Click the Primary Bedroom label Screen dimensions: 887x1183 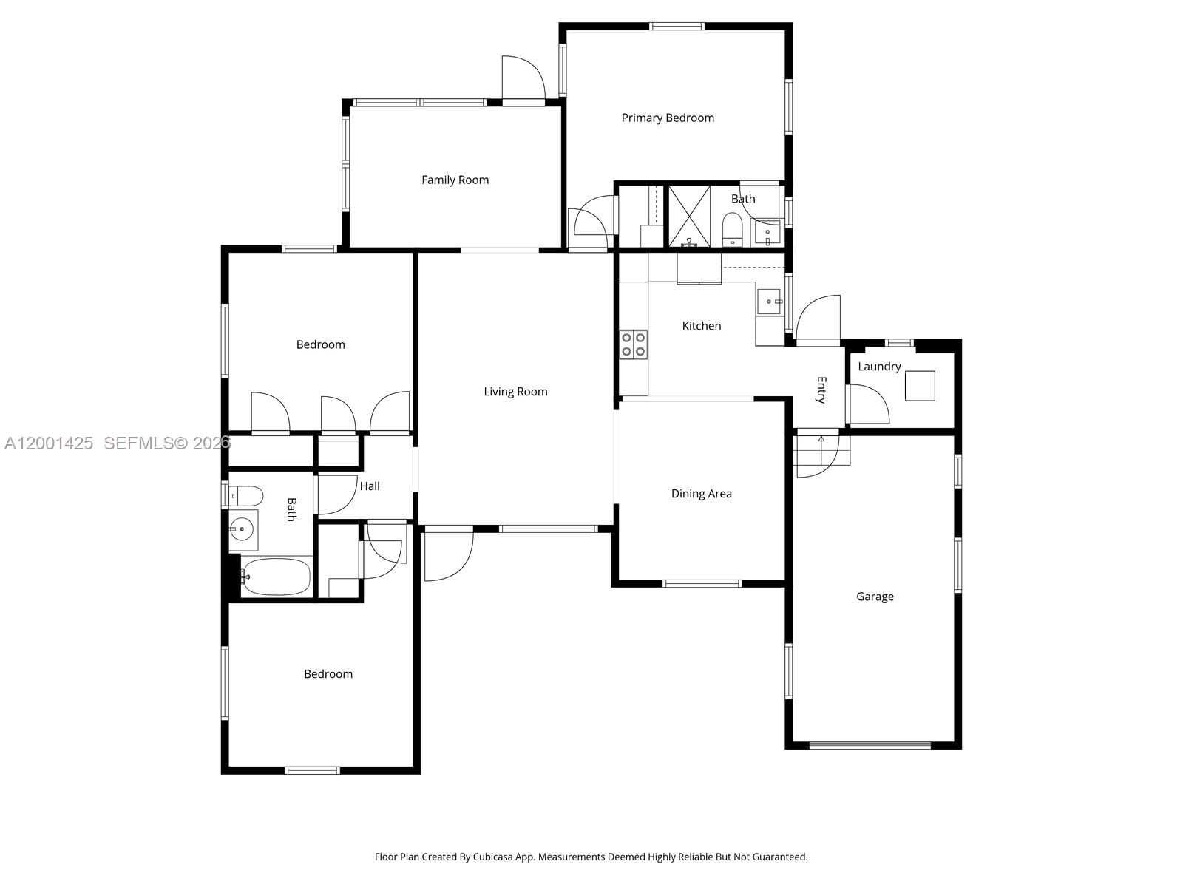(668, 118)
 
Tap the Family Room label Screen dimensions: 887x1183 (455, 180)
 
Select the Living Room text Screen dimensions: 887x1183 (515, 392)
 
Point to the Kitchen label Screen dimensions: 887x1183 (701, 326)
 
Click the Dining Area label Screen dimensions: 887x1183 (701, 494)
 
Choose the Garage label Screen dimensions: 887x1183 (875, 597)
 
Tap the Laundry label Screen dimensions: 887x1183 (879, 367)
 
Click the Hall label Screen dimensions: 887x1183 (370, 486)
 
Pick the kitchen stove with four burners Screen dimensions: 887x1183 (634, 344)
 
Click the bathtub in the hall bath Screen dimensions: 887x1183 (276, 577)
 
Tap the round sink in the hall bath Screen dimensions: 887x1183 (242, 529)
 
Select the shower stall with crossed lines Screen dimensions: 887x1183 (689, 216)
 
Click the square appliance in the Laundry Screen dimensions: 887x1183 (920, 386)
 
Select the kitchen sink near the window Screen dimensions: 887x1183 (770, 302)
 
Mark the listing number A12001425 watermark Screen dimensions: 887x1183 (49, 443)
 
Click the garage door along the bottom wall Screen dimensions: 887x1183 (870, 745)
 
